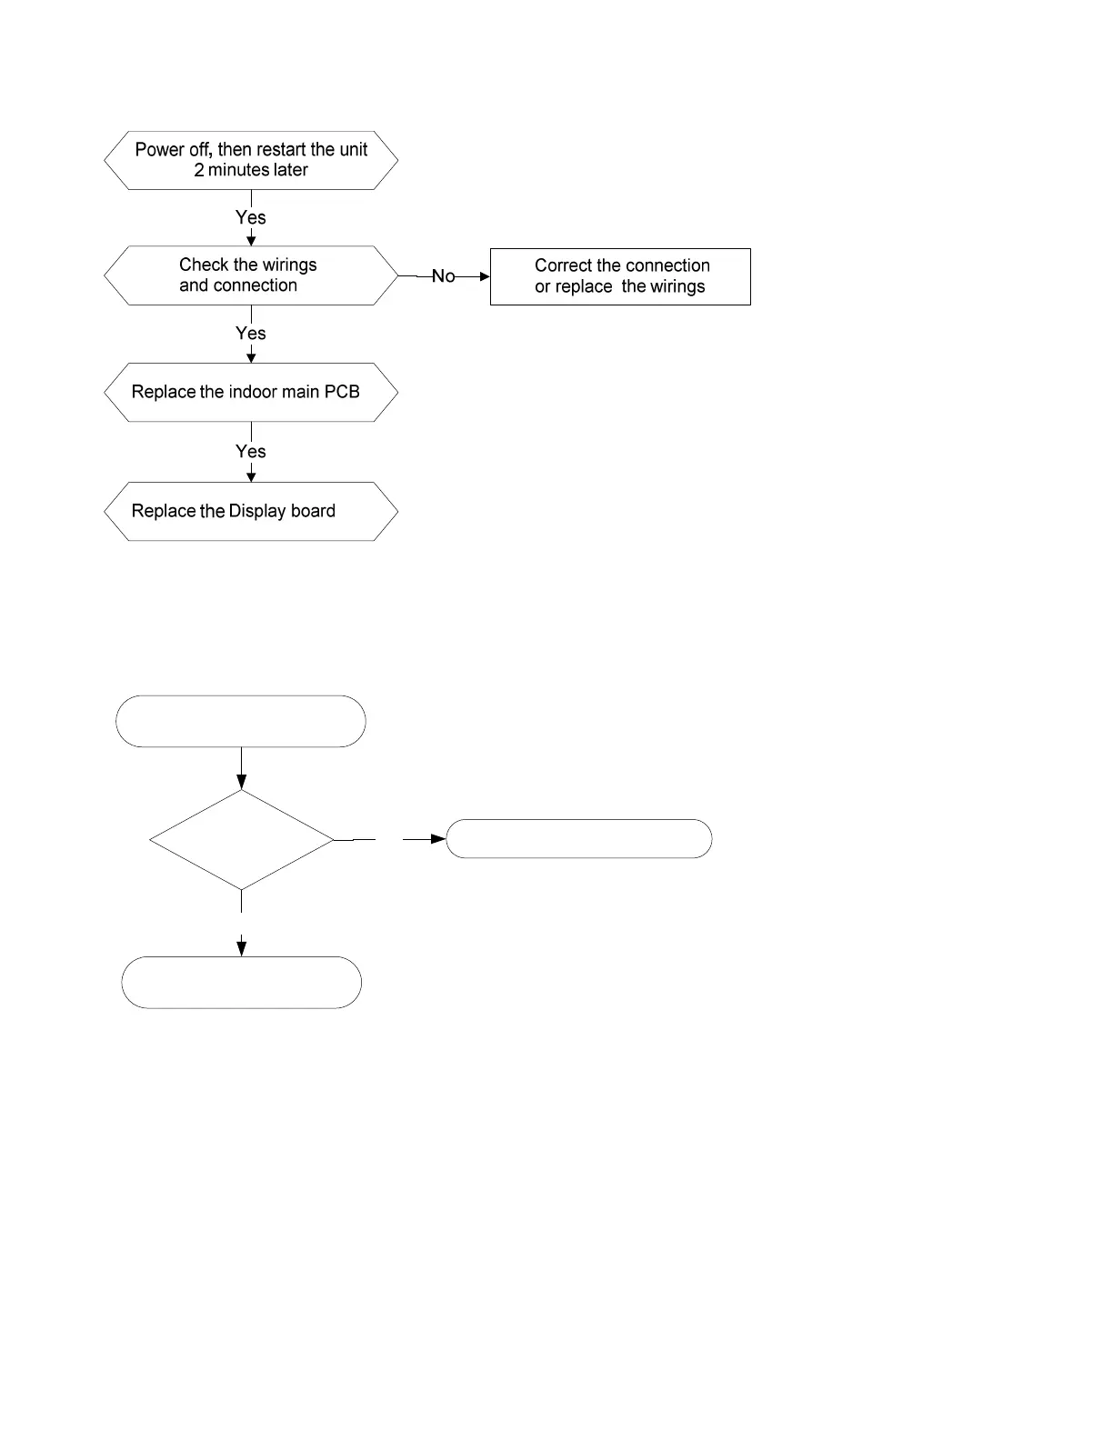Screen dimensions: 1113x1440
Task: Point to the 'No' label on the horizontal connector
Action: coord(444,276)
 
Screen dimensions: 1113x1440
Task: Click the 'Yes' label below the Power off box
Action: coord(251,217)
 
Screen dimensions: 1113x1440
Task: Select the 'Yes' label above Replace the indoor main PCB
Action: coord(251,334)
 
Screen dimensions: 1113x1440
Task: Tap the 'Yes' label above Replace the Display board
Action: coord(251,451)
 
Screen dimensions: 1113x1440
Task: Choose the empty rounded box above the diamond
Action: coord(241,695)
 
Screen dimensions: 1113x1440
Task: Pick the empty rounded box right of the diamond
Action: coord(578,820)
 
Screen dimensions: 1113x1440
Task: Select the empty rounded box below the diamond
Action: coord(241,957)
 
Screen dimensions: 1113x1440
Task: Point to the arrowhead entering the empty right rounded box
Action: coord(438,839)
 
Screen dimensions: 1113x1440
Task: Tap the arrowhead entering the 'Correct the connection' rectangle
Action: coord(485,276)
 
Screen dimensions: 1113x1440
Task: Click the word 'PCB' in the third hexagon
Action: coord(341,392)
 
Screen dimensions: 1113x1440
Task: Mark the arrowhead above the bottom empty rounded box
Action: coord(241,948)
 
